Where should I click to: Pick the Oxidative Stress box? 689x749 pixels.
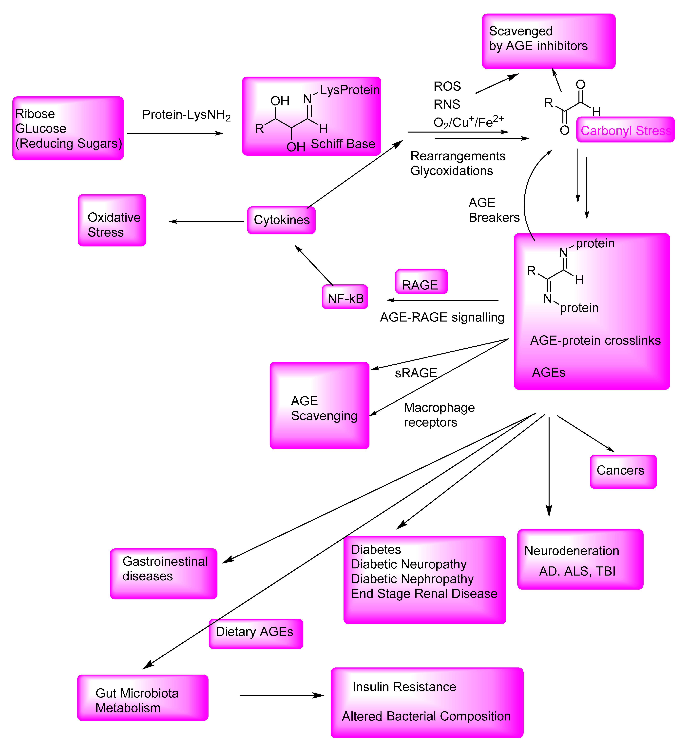pyautogui.click(x=112, y=221)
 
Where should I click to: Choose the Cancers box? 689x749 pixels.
pyautogui.click(x=623, y=471)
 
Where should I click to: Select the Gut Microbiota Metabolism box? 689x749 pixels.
pyautogui.click(x=142, y=697)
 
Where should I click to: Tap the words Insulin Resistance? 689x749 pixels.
pyautogui.click(x=404, y=686)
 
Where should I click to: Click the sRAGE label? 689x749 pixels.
pyautogui.click(x=416, y=373)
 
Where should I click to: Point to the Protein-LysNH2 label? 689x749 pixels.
pyautogui.click(x=186, y=115)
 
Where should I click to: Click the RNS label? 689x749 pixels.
pyautogui.click(x=447, y=104)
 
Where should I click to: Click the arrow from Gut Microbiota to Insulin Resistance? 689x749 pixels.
pyautogui.click(x=282, y=695)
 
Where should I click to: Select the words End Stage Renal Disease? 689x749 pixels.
pyautogui.click(x=424, y=593)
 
